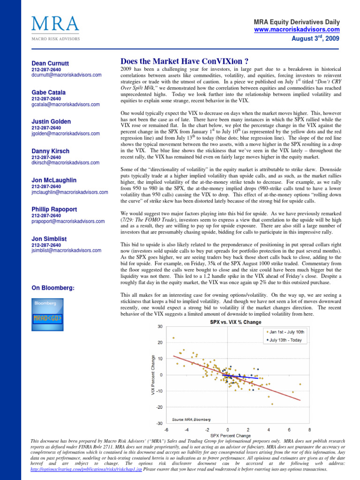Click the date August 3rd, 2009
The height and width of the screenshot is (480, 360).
point(314,37)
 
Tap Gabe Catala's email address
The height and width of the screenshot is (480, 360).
point(66,105)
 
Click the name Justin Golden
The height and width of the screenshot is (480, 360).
point(51,121)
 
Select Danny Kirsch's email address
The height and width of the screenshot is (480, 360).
point(66,163)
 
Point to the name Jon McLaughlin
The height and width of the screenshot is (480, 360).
point(54,180)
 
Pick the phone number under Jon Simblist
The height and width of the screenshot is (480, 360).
point(46,245)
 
